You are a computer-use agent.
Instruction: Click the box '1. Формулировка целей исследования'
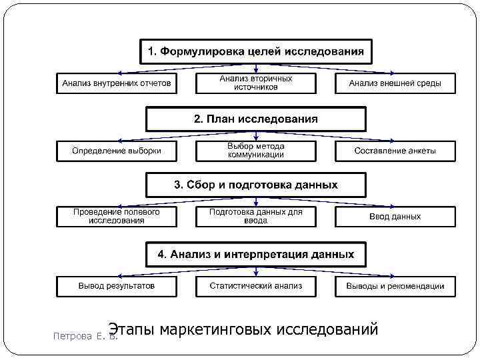(256, 51)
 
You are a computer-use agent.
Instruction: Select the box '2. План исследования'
(256, 119)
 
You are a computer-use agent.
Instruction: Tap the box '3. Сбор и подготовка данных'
(256, 185)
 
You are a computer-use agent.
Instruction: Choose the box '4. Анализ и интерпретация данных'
(256, 254)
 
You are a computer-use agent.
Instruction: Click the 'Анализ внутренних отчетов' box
(117, 83)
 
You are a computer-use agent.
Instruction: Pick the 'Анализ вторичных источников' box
(256, 83)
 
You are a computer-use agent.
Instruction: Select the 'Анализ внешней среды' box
(395, 83)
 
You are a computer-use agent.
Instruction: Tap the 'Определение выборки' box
(117, 151)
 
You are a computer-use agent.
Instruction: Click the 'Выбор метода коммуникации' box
(256, 151)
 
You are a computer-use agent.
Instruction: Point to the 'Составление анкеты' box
(395, 151)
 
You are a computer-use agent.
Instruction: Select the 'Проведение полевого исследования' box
(117, 217)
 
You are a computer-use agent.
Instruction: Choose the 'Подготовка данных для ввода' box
(256, 217)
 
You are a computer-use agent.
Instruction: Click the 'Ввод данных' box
(395, 217)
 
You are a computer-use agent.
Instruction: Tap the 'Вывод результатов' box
(117, 286)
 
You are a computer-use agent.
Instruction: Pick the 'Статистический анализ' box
(256, 286)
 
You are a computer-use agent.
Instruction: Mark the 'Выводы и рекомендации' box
(395, 286)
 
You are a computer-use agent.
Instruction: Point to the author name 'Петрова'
(73, 337)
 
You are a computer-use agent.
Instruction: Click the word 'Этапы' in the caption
(132, 329)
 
